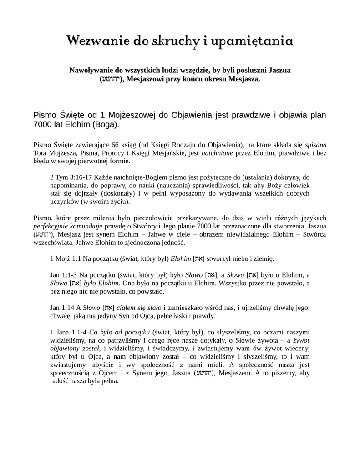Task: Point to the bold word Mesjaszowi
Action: click(x=147, y=79)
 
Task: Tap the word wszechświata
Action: click(x=54, y=243)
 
